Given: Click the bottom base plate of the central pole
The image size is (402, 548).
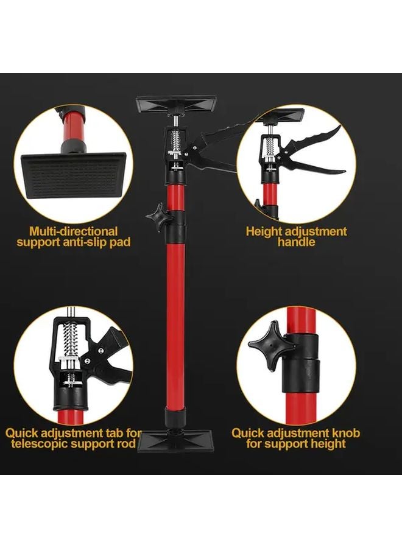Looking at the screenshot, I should (174, 439).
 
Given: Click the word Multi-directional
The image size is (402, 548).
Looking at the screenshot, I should (74, 231).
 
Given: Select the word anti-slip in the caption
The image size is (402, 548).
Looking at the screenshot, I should (90, 242).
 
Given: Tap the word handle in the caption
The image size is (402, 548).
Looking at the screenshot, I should (296, 242).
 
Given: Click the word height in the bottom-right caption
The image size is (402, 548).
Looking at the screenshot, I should (325, 444).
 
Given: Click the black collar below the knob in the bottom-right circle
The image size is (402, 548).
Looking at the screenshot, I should (301, 371).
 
